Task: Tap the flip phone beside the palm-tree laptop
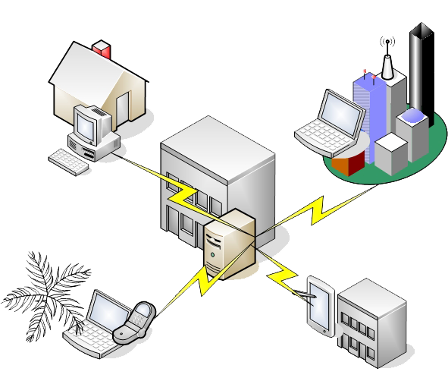135,322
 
